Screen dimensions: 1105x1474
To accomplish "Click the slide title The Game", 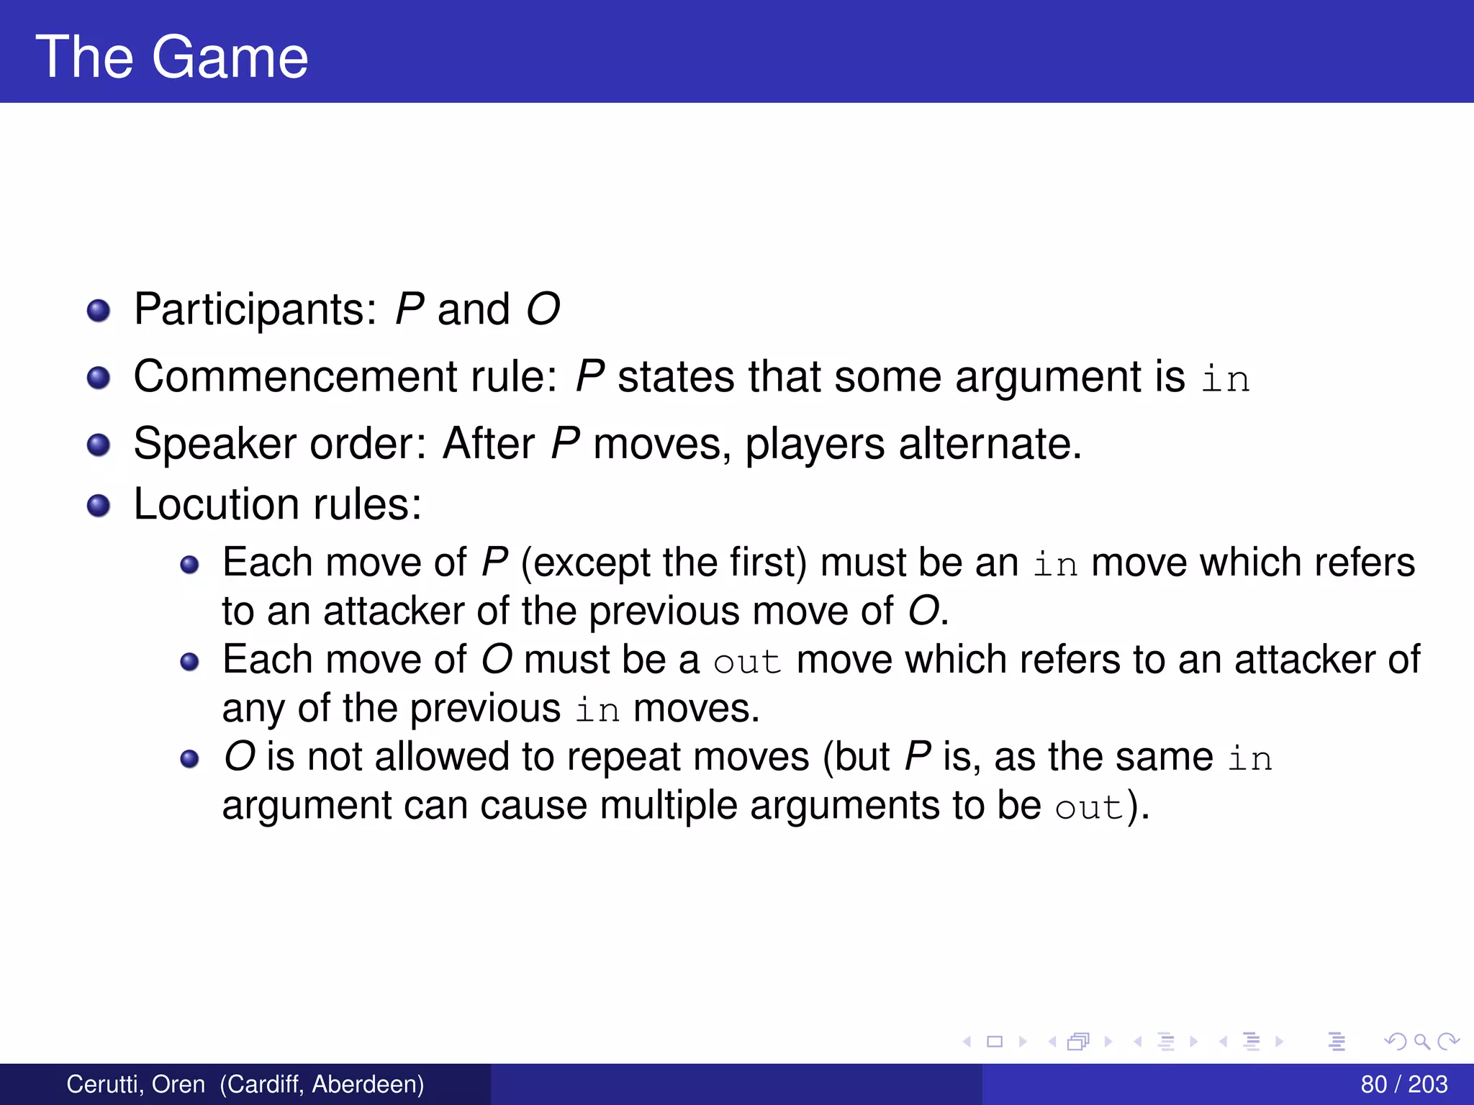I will (172, 57).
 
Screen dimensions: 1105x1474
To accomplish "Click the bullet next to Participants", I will (99, 312).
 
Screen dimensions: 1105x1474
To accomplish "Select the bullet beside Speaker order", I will (99, 445).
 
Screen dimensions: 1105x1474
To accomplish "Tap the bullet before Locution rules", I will (99, 506).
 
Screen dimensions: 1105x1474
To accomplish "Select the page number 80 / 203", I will (1403, 1084).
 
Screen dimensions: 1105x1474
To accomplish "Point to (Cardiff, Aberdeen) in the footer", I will (322, 1084).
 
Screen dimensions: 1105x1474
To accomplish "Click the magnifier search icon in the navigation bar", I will (1421, 1041).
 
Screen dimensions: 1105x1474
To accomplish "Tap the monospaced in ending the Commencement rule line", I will (1226, 378).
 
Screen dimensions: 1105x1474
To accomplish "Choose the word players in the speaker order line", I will (815, 443).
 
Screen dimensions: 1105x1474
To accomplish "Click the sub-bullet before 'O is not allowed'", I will (189, 759).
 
